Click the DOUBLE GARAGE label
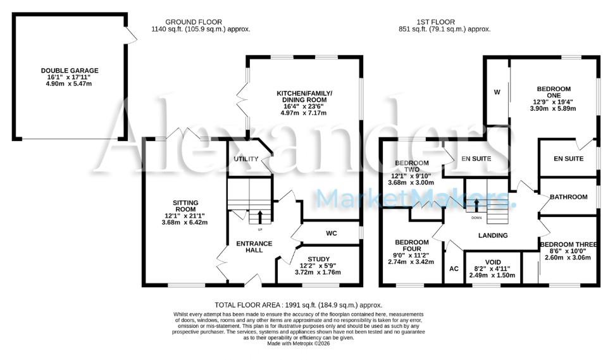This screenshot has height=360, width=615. pos(70,71)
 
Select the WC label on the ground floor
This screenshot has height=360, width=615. pos(331,233)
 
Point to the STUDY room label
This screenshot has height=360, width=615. pos(319,259)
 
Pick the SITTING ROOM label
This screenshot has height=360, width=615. pos(186,203)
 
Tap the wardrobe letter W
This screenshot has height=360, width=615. pos(497,92)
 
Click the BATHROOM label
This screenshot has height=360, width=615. pos(568,197)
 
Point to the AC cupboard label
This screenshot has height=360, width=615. pos(453,268)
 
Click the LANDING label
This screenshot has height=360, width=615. pos(492,235)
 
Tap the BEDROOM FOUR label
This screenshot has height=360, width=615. pos(412,242)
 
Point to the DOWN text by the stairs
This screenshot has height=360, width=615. pos(476,218)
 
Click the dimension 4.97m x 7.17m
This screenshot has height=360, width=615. pos(304,113)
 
